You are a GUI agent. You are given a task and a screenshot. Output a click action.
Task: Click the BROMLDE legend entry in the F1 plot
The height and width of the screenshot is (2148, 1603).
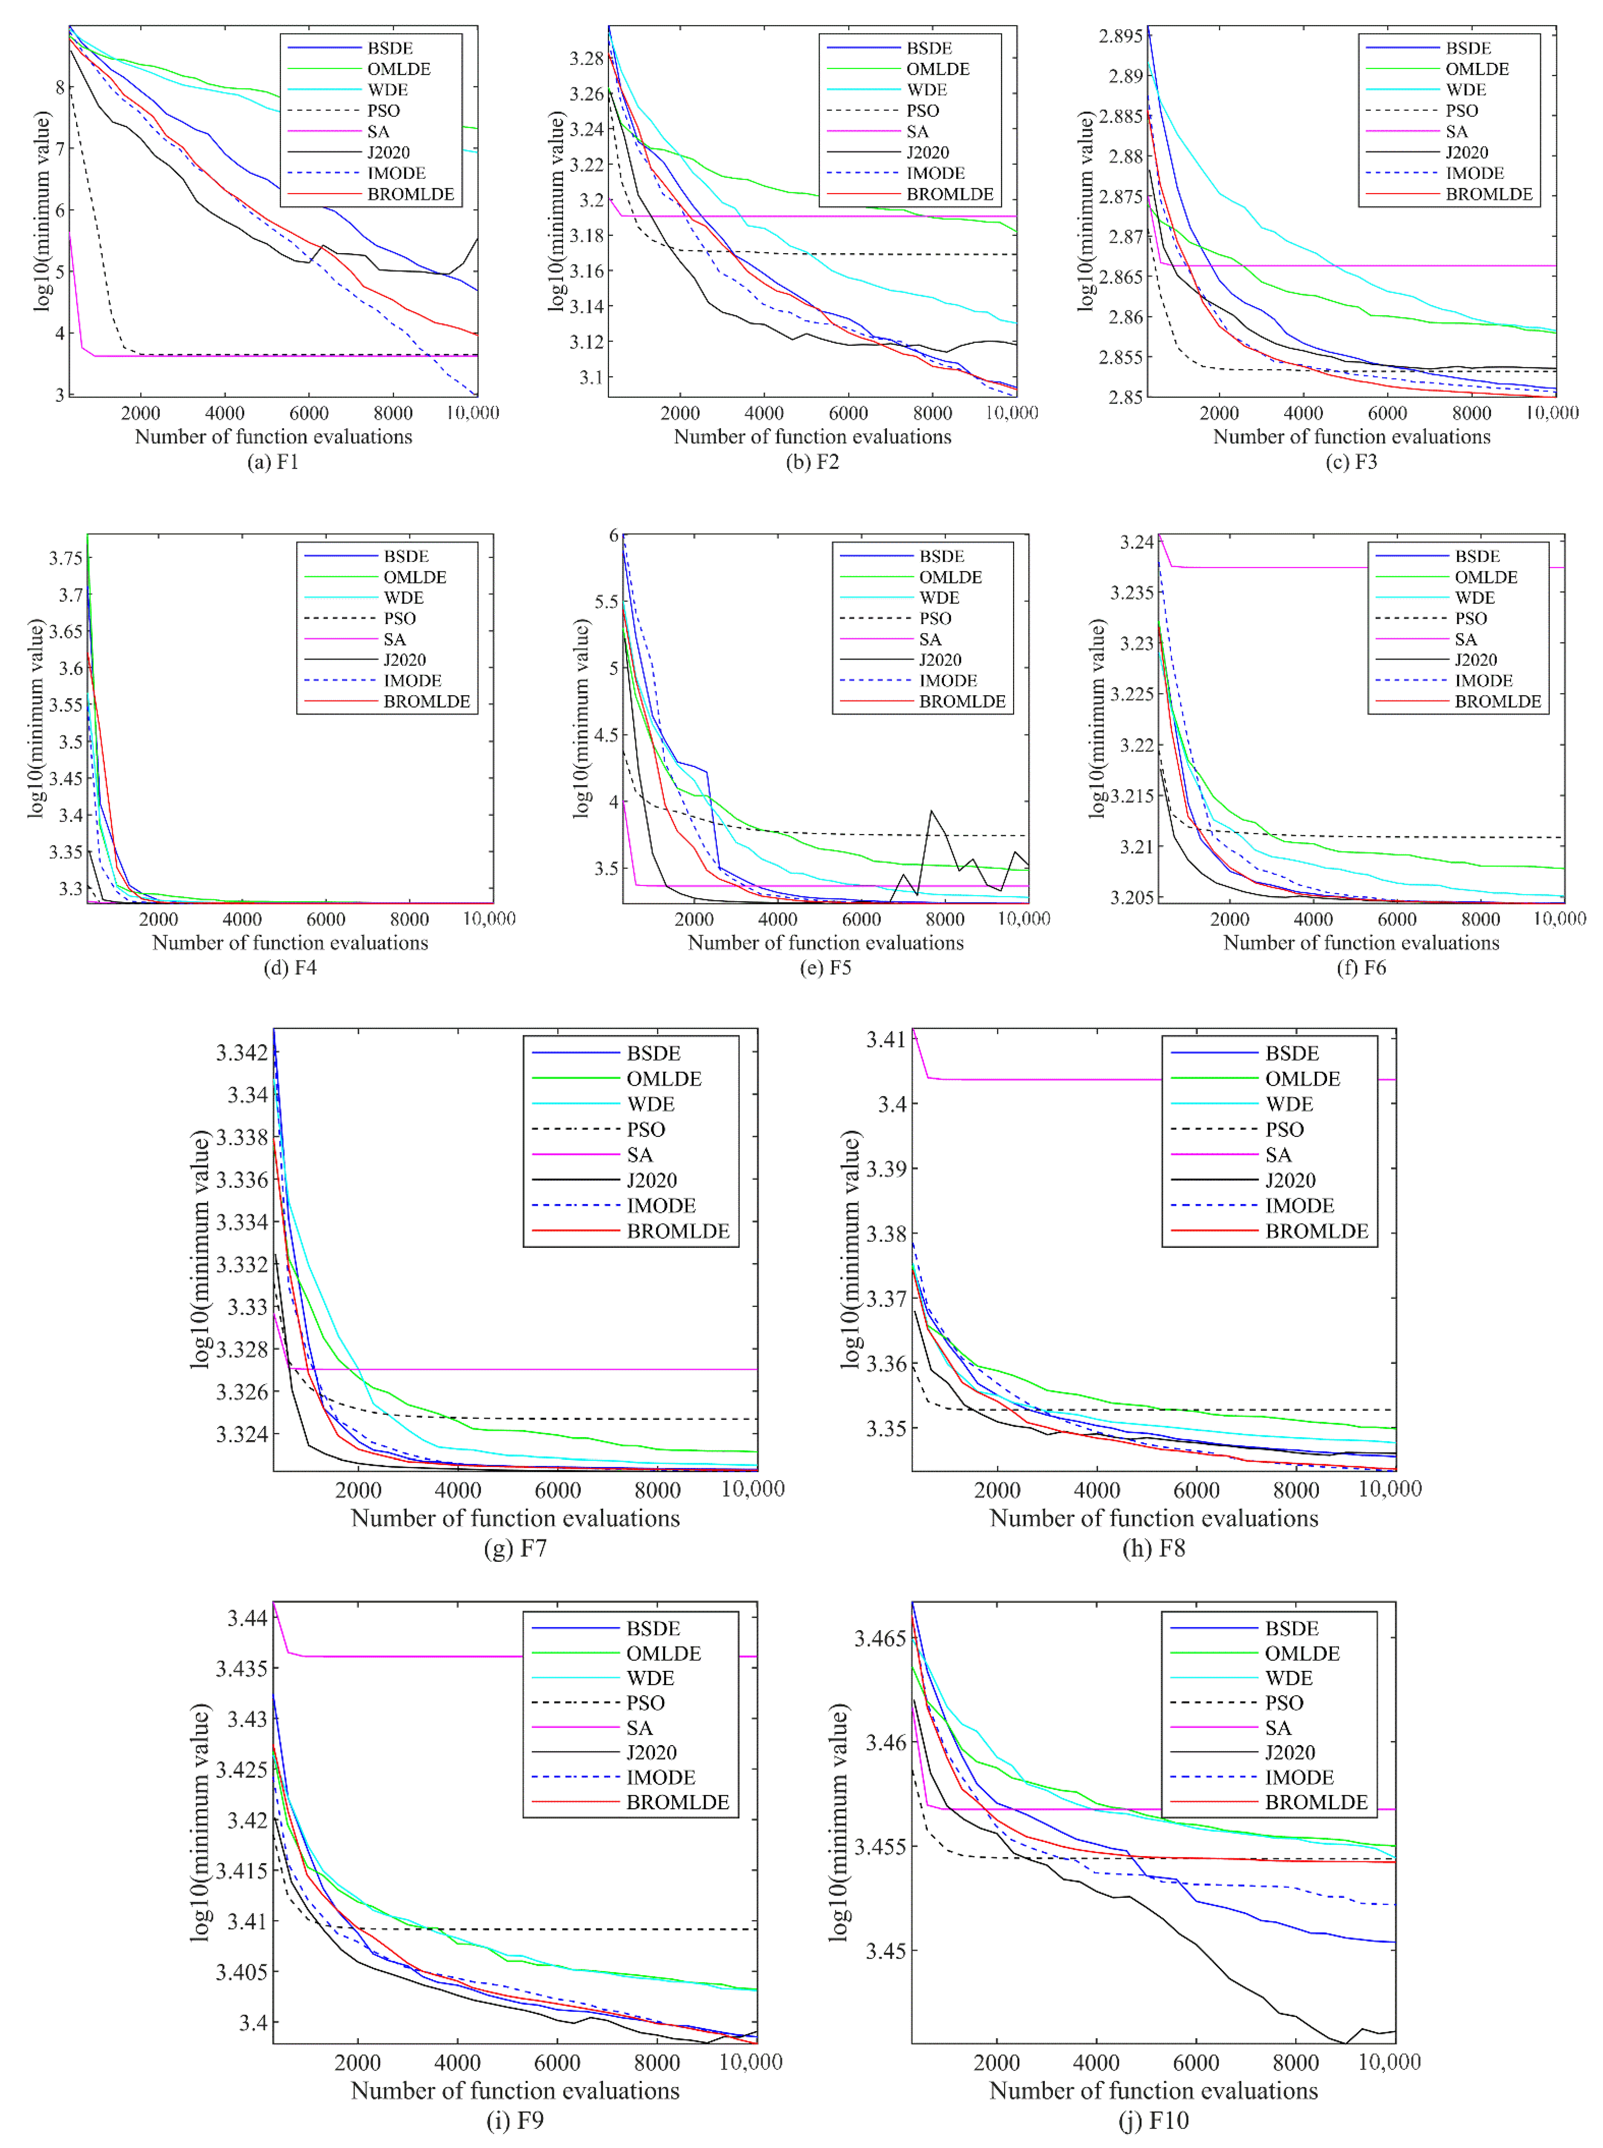click(x=410, y=194)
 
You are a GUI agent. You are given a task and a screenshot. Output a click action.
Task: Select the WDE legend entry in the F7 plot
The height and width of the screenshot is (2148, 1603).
click(x=650, y=1104)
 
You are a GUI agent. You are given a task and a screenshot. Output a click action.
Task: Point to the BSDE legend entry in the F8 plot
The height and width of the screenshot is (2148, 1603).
click(x=1292, y=1054)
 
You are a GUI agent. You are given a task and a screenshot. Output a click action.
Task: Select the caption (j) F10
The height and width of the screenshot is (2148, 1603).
click(x=1154, y=2121)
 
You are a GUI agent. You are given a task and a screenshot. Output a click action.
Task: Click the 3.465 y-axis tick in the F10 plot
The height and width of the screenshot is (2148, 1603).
click(x=879, y=1639)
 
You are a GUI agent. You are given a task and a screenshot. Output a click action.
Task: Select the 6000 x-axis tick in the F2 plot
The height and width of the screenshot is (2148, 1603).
click(x=848, y=413)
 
